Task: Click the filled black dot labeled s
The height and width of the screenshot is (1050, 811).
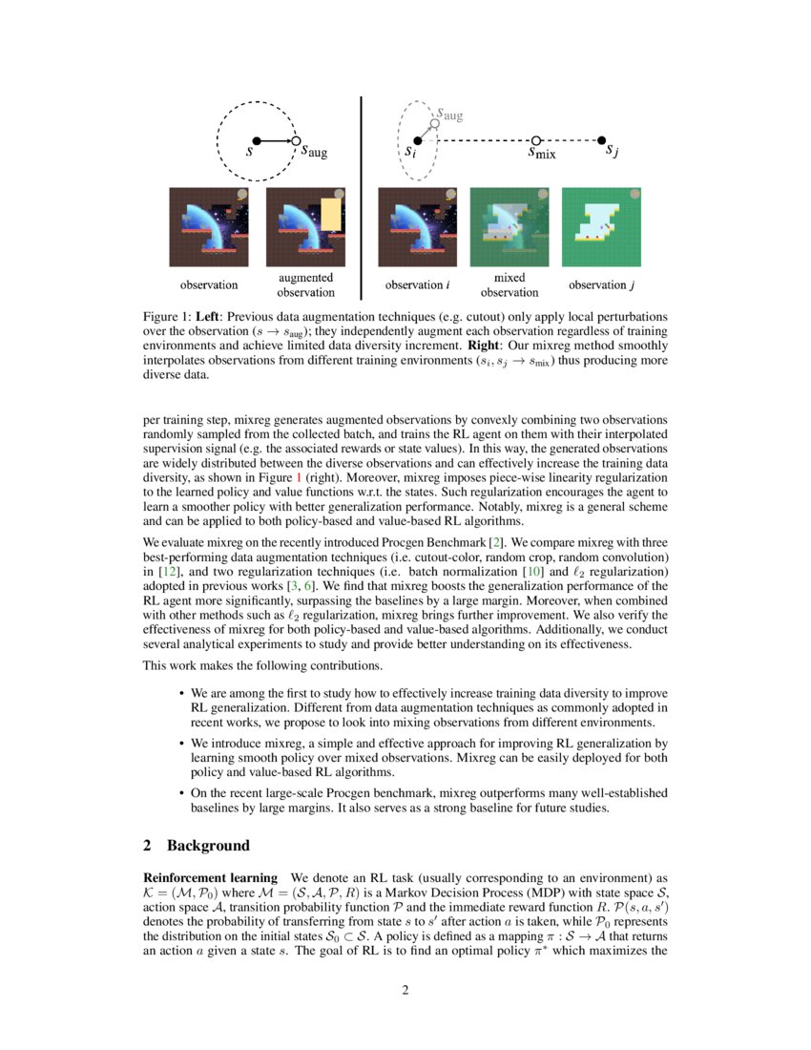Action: pos(257,141)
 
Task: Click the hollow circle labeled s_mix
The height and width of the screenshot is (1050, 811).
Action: pos(535,140)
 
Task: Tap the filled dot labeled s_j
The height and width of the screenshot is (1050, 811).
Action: pos(602,140)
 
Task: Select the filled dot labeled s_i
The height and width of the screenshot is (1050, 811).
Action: pos(417,140)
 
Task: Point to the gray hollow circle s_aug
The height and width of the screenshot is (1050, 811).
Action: pos(434,122)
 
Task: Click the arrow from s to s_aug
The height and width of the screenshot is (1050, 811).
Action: pos(277,141)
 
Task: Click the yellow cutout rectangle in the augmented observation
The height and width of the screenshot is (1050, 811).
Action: pos(330,216)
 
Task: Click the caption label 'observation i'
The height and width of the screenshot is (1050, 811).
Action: pos(417,284)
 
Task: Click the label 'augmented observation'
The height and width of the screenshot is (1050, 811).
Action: pos(305,284)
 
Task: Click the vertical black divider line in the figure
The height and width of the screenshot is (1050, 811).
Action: pos(362,191)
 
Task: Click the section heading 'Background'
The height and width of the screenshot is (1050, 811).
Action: pos(208,846)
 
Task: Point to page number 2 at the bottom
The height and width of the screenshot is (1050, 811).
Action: pos(405,990)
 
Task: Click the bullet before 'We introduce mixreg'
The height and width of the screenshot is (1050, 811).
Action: pos(181,743)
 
